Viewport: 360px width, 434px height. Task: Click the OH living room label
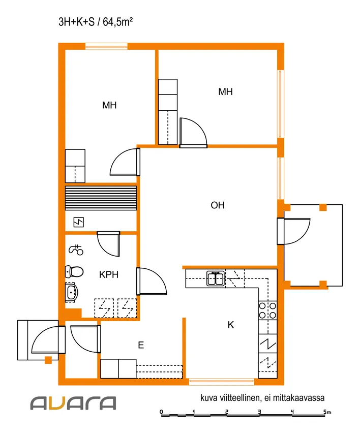point(218,205)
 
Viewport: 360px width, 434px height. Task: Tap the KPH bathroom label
point(109,274)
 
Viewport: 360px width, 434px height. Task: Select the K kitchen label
point(231,325)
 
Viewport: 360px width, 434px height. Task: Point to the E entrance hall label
point(141,345)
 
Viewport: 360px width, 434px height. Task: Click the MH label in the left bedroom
point(109,105)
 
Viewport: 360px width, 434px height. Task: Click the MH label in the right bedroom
point(225,92)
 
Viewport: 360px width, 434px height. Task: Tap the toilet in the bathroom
point(74,271)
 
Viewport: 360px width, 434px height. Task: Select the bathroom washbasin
point(71,292)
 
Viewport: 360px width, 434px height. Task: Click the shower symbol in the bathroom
point(76,250)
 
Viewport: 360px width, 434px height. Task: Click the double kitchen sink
point(216,278)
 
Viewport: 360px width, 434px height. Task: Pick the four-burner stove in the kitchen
point(267,311)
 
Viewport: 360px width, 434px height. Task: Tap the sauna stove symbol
point(79,222)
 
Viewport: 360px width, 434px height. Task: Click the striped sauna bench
point(101,198)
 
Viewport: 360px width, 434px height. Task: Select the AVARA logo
point(73,403)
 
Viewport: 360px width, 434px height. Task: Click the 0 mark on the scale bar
point(162,412)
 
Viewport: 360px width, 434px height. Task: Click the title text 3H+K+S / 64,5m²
point(96,22)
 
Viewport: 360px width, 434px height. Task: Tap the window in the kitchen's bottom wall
point(222,382)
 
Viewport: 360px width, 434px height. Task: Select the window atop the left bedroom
point(106,46)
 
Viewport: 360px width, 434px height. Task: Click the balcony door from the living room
point(293,231)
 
